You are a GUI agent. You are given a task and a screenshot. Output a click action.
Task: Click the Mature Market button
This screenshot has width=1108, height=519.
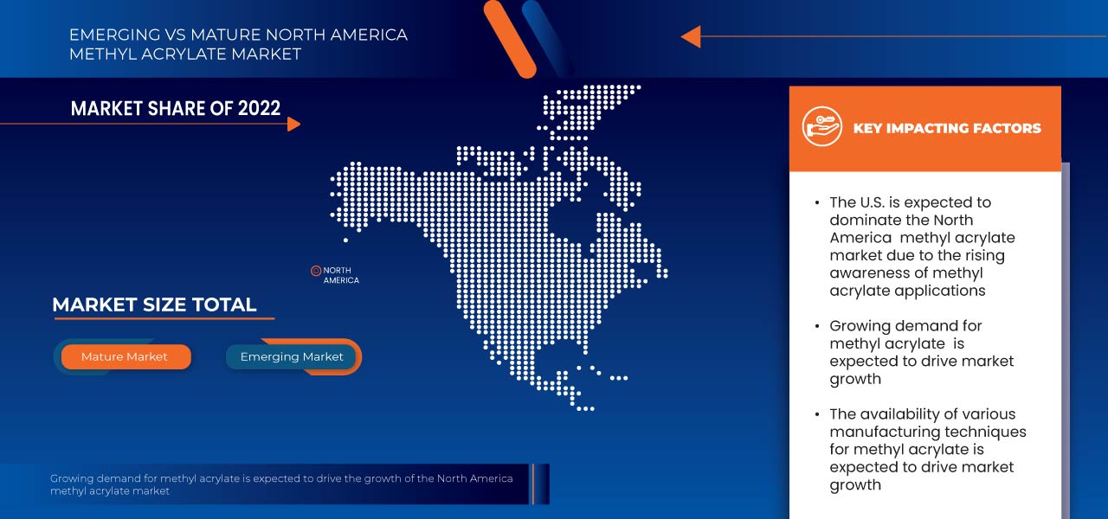pyautogui.click(x=125, y=356)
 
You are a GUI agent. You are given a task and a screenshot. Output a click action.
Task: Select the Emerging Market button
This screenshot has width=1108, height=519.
pyautogui.click(x=292, y=356)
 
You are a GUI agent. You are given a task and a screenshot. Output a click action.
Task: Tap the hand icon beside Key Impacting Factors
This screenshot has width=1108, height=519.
pyautogui.click(x=821, y=127)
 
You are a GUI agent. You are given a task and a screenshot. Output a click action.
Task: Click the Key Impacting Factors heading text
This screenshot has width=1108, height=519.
pyautogui.click(x=947, y=128)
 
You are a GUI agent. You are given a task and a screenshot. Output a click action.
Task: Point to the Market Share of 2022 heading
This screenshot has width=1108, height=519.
pyautogui.click(x=176, y=108)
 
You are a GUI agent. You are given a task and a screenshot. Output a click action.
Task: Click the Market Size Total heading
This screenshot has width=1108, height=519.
pyautogui.click(x=154, y=304)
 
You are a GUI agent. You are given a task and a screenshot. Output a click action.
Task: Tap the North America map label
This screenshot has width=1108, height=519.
pyautogui.click(x=341, y=275)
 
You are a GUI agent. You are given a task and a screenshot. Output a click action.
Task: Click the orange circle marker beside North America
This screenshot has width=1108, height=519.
pyautogui.click(x=316, y=271)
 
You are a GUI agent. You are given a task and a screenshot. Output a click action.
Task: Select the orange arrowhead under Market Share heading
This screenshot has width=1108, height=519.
pyautogui.click(x=293, y=124)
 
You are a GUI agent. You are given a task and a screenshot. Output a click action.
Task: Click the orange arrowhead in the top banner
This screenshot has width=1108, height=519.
pyautogui.click(x=690, y=36)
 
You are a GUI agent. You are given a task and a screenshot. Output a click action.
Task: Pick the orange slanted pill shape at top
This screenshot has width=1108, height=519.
pyautogui.click(x=511, y=38)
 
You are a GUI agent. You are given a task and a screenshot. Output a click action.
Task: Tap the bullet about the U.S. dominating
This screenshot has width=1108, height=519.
pyautogui.click(x=910, y=247)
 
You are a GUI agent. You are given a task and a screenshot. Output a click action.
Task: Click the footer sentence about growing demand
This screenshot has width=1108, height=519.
pyautogui.click(x=281, y=484)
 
